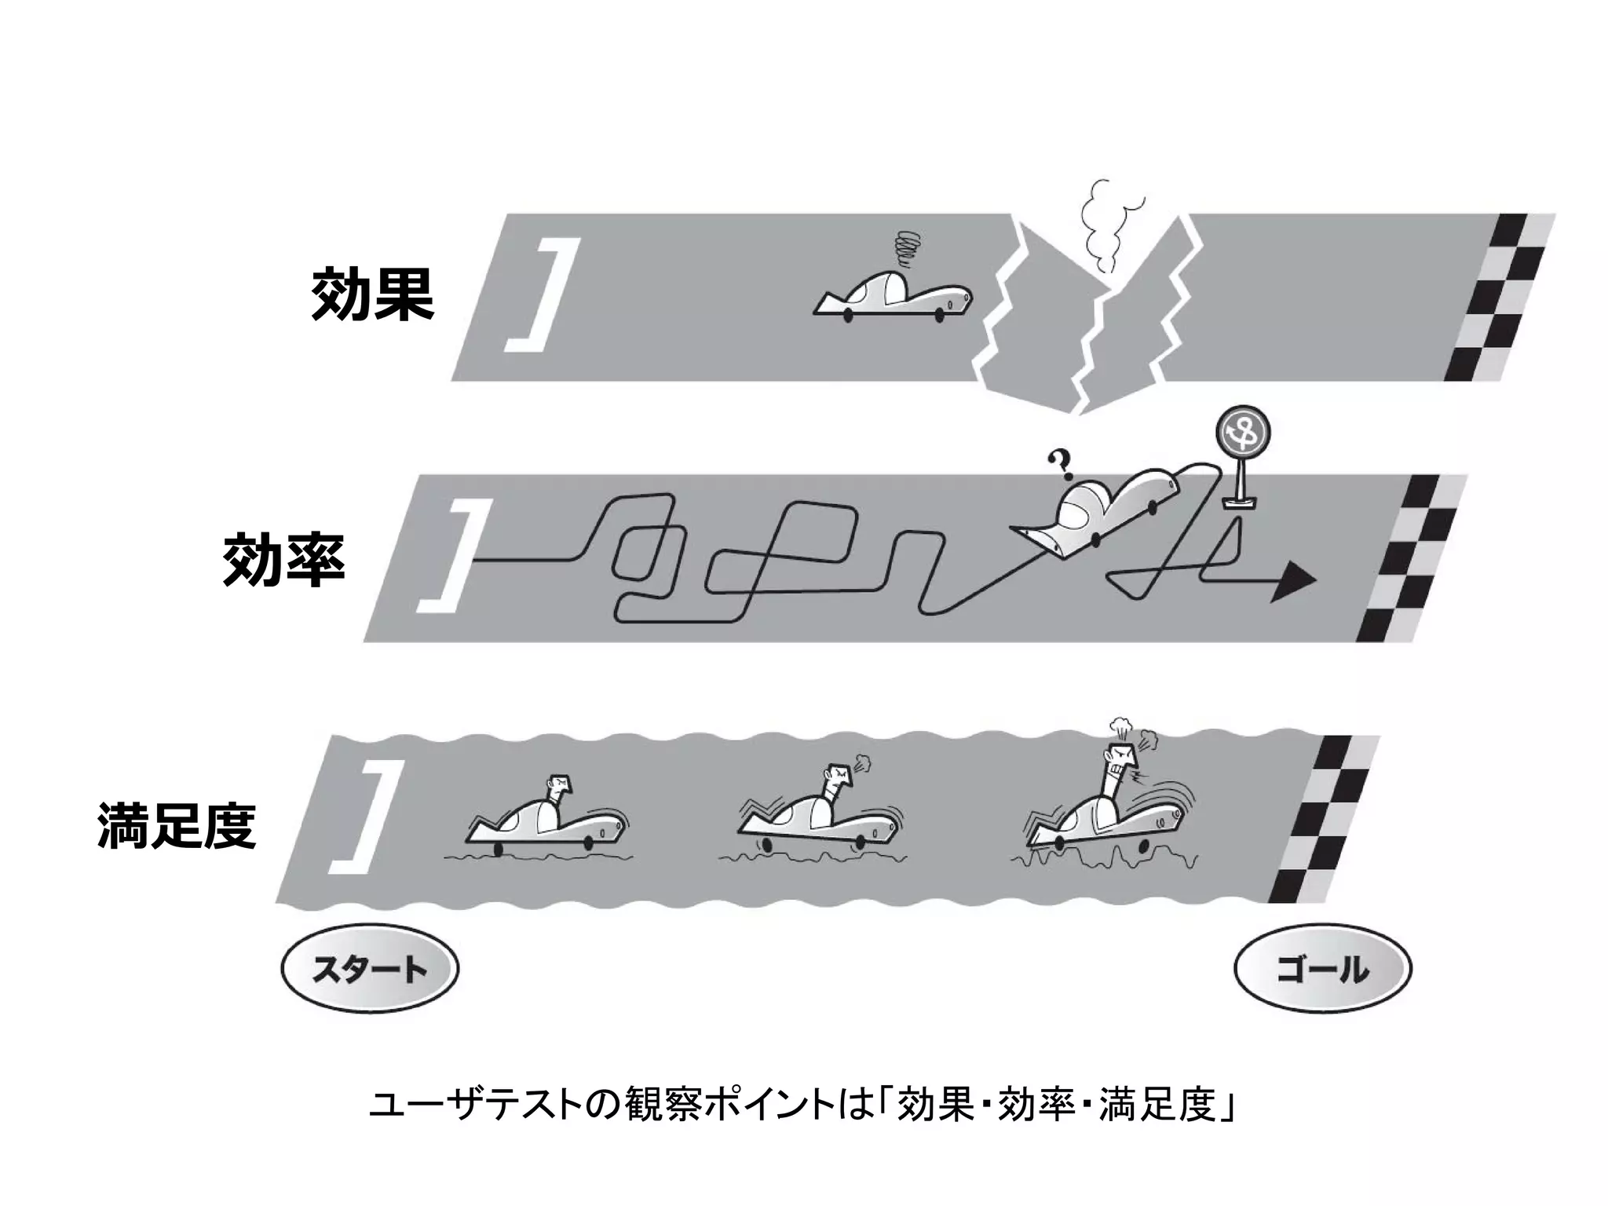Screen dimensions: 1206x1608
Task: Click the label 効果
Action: click(x=372, y=295)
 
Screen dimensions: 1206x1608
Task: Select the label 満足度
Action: click(x=177, y=826)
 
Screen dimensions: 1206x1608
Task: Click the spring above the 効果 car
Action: click(x=909, y=250)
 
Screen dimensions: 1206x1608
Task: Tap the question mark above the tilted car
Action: click(x=1062, y=465)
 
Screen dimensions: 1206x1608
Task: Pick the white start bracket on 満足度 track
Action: click(x=367, y=817)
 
